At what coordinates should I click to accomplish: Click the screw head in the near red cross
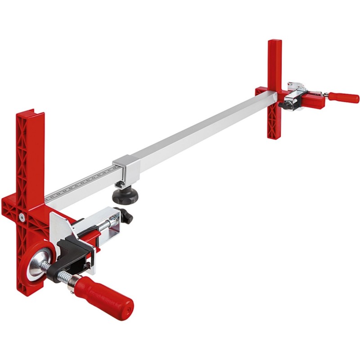22,217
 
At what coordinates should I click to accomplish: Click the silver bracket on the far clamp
297,86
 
